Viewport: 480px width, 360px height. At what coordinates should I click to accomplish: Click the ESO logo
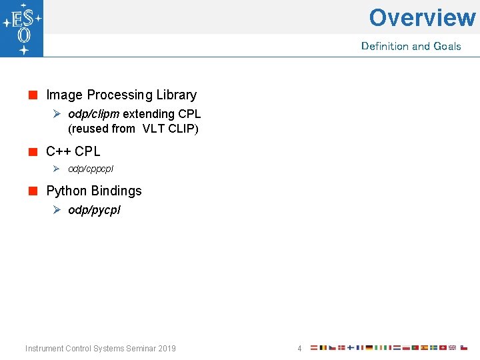[21, 28]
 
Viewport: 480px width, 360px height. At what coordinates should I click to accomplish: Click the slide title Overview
[422, 17]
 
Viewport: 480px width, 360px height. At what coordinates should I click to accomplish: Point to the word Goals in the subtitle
[447, 46]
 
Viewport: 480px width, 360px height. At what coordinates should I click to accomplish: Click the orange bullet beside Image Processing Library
[33, 95]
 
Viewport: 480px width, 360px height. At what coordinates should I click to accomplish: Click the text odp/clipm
[94, 114]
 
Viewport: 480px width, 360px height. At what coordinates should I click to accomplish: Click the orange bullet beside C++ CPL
[33, 152]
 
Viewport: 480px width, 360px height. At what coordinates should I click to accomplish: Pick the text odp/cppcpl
[91, 169]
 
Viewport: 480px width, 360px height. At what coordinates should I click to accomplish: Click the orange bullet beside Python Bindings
[33, 191]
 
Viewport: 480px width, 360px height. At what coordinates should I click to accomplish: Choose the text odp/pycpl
[94, 210]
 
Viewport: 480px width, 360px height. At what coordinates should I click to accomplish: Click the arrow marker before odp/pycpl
[57, 210]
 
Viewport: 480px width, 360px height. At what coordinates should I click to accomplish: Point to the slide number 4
[299, 348]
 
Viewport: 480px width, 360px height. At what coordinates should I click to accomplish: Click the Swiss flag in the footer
[443, 347]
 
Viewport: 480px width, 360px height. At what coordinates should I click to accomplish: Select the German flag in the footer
[369, 347]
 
